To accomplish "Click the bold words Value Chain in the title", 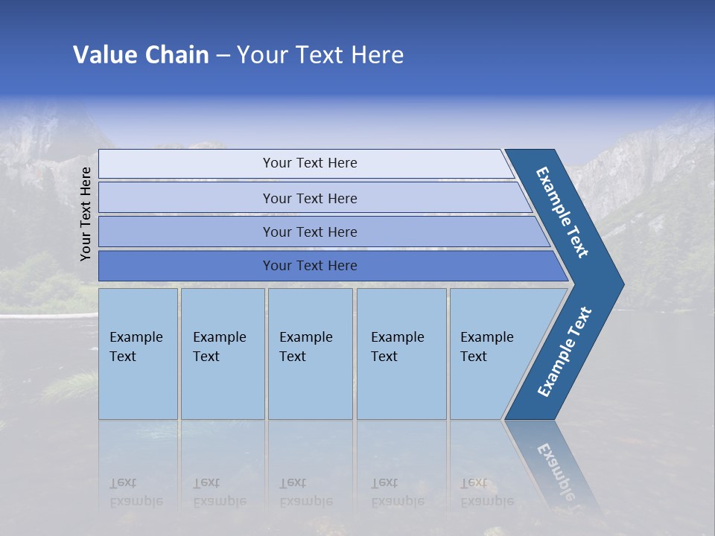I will [141, 55].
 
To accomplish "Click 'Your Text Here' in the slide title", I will [320, 55].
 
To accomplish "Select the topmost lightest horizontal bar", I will [186, 164].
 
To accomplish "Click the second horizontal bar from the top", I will [186, 198].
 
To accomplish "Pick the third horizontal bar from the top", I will [186, 232].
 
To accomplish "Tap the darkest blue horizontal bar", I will [186, 266].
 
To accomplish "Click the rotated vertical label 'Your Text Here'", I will [86, 214].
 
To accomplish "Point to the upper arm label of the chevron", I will [562, 212].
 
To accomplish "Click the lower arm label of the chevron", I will [565, 352].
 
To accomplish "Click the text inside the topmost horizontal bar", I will [310, 163].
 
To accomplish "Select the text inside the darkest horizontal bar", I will [310, 266].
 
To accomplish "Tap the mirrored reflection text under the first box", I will [136, 492].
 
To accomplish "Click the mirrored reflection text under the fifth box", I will [486, 492].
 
